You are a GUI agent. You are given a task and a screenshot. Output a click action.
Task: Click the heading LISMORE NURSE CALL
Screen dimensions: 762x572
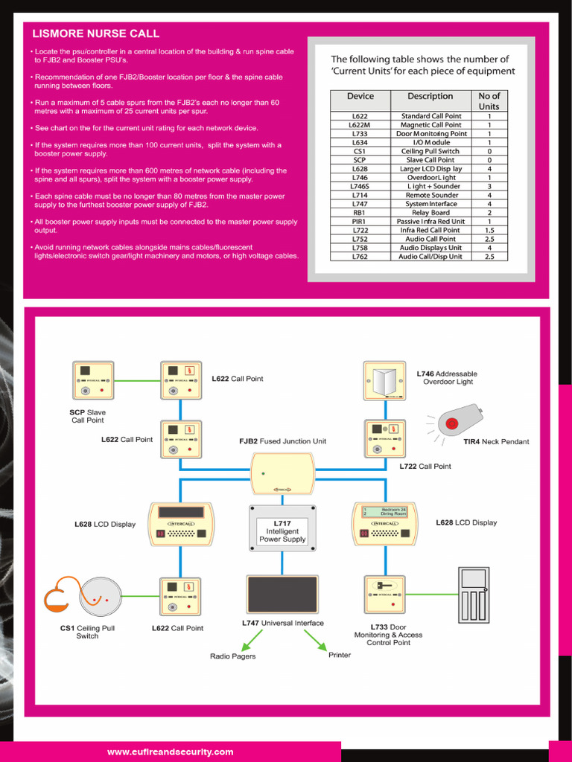pyautogui.click(x=95, y=33)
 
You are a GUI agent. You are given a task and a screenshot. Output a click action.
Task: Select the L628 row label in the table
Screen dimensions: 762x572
pyautogui.click(x=360, y=169)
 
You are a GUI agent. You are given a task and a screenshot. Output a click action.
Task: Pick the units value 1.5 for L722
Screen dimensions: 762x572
pyautogui.click(x=489, y=231)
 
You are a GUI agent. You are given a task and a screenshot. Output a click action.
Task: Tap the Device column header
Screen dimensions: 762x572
pyautogui.click(x=360, y=96)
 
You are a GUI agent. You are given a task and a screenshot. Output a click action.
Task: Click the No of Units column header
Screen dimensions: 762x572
pyautogui.click(x=489, y=101)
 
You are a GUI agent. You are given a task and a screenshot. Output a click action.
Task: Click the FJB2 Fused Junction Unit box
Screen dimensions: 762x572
pyautogui.click(x=282, y=473)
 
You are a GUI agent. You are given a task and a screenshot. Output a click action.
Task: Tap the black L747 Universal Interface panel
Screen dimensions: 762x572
pyautogui.click(x=282, y=595)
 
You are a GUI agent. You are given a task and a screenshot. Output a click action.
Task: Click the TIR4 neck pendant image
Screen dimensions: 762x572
pyautogui.click(x=460, y=421)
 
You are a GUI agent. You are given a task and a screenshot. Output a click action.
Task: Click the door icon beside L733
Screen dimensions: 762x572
pyautogui.click(x=474, y=595)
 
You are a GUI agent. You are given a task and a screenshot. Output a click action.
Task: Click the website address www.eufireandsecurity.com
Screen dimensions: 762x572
pyautogui.click(x=170, y=752)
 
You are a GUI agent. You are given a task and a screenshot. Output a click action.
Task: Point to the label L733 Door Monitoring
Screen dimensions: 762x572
pyautogui.click(x=388, y=635)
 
